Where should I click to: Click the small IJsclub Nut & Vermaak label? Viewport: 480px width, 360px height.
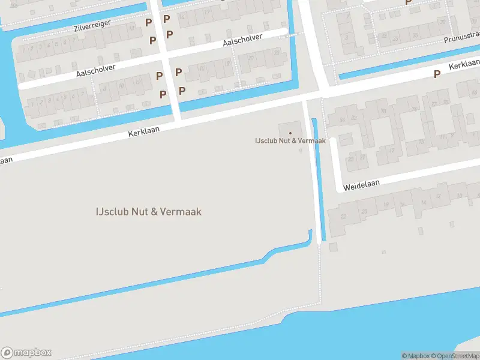(x=290, y=141)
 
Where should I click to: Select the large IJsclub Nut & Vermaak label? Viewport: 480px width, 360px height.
(x=148, y=211)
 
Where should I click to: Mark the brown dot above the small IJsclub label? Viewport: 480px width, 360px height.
(x=290, y=133)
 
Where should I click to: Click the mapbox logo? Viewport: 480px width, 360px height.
(x=26, y=352)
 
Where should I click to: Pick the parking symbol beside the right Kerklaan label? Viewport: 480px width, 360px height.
(x=437, y=74)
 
